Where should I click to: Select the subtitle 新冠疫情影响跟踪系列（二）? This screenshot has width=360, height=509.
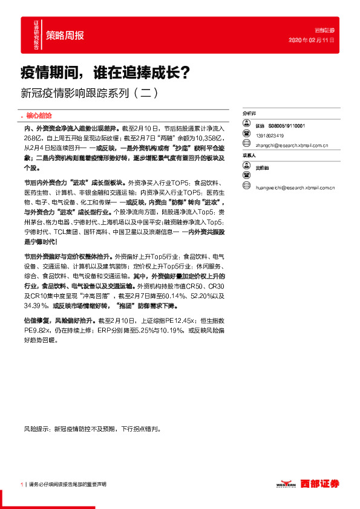90,94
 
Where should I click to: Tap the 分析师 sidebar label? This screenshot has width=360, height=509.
249,113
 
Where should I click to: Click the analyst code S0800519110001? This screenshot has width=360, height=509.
287,126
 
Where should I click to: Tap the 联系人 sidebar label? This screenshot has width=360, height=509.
249,156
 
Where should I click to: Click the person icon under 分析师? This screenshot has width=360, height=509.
246,124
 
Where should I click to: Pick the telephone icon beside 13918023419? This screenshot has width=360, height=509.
246,134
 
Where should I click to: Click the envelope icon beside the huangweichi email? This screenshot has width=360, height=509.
246,188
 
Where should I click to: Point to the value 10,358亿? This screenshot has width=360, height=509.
204,138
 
